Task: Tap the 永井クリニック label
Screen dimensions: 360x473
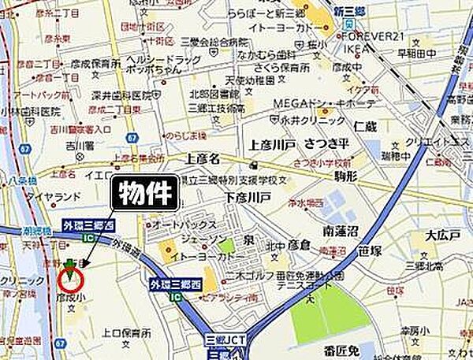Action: pos(315,121)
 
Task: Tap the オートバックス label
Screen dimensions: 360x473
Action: pos(179,225)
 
